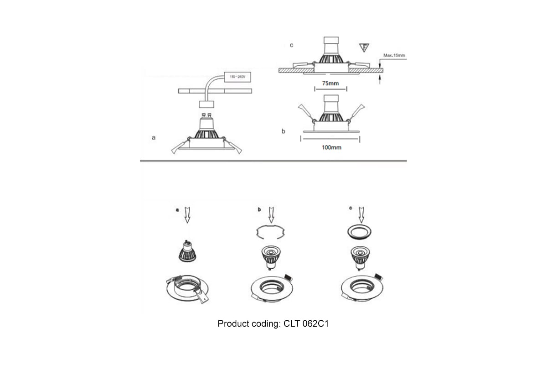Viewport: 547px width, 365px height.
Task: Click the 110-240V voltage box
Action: [237, 77]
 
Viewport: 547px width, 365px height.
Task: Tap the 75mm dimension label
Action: [330, 83]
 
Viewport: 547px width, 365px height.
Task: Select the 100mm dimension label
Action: [331, 147]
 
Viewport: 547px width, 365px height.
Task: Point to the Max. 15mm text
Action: [394, 56]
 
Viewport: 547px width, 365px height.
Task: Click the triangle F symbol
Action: [364, 47]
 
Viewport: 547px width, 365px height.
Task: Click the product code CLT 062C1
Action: [306, 323]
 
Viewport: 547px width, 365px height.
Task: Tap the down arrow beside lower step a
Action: [187, 215]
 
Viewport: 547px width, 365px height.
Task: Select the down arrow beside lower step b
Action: [271, 215]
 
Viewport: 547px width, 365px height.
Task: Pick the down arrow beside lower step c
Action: [361, 215]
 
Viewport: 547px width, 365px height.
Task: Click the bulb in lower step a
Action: [187, 251]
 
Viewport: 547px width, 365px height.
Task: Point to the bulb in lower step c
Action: [360, 258]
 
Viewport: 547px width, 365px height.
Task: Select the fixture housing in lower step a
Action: [187, 289]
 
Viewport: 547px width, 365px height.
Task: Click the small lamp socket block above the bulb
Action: [206, 104]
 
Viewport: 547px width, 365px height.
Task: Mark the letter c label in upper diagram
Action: [291, 45]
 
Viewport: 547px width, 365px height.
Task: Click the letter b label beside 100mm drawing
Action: [283, 131]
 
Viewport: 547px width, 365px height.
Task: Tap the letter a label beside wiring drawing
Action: [154, 138]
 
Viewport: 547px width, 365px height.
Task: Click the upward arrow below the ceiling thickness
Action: [380, 79]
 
